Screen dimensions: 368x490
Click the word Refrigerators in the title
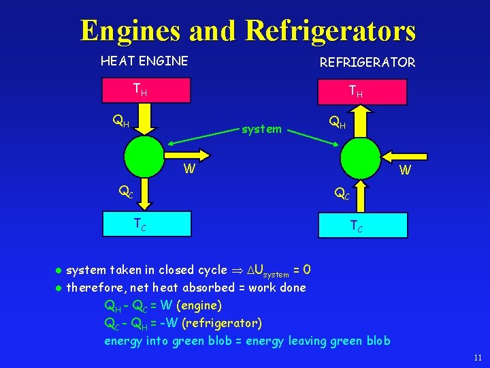pos(330,30)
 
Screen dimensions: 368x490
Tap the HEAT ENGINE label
pos(144,61)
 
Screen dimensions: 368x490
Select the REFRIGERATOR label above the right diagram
pos(367,62)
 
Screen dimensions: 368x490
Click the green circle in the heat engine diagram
pos(144,156)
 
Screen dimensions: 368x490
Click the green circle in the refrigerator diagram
pos(360,157)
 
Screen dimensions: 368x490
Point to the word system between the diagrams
pos(262,129)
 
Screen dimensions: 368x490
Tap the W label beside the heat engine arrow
pos(191,168)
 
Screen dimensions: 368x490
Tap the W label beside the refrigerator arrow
pos(405,170)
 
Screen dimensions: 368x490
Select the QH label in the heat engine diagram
pos(120,123)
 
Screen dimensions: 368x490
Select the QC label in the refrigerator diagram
pos(340,195)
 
